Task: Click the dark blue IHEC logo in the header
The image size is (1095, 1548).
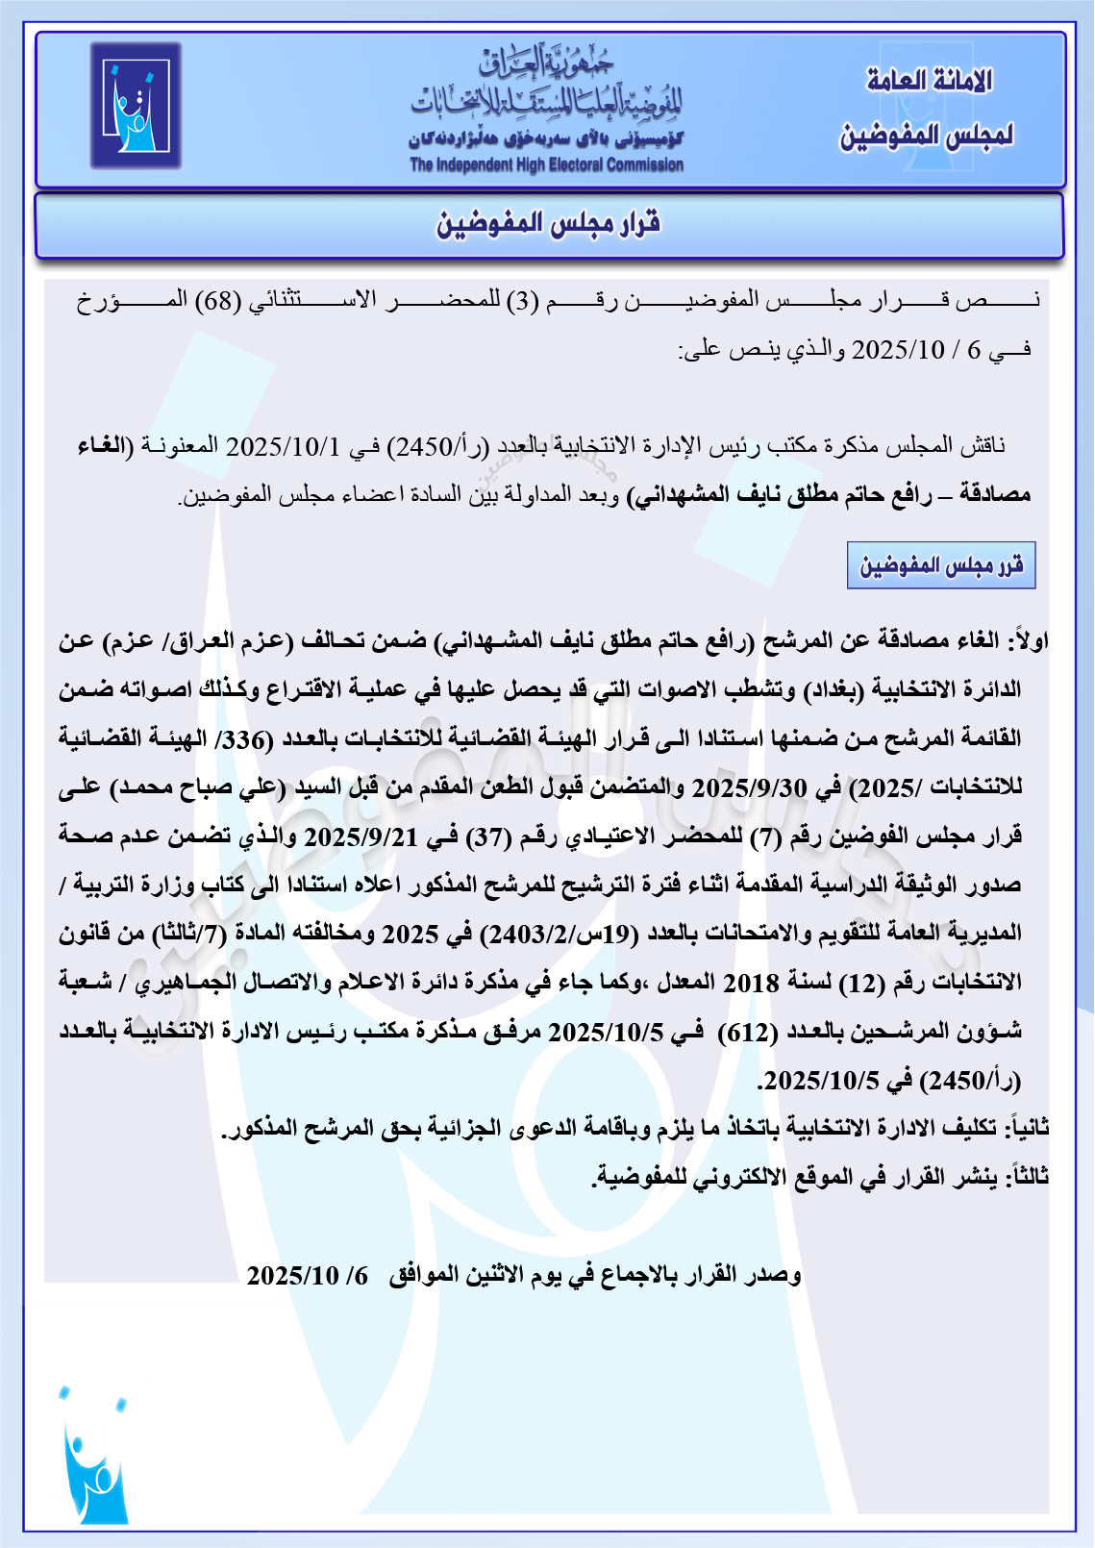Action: (x=136, y=106)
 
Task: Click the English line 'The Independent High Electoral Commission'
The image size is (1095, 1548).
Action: (x=546, y=164)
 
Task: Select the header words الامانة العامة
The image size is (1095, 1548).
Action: (x=929, y=81)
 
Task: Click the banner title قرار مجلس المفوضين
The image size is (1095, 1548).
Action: (x=548, y=224)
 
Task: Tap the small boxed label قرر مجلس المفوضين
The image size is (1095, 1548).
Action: (x=940, y=565)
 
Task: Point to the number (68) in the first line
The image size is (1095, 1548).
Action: (x=218, y=300)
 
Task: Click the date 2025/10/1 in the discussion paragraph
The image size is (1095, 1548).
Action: (x=284, y=446)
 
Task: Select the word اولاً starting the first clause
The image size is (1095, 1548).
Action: (x=1029, y=640)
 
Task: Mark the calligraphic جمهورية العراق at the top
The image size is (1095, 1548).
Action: (x=546, y=62)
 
